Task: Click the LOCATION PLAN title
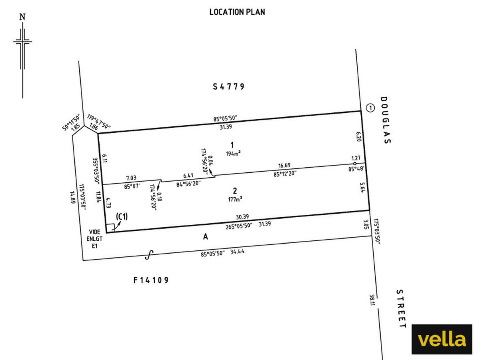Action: point(237,12)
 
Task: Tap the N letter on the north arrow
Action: point(22,17)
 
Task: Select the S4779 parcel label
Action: point(228,86)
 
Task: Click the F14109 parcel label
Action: point(151,280)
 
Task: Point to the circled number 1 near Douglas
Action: point(370,108)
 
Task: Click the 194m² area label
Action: point(233,154)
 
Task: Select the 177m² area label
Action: point(235,199)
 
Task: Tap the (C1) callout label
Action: point(122,217)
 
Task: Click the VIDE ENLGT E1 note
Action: point(94,239)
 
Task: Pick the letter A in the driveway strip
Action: point(205,237)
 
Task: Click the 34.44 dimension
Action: point(237,252)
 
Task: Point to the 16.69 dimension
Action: point(284,166)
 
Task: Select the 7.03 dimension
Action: point(131,178)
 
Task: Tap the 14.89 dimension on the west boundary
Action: point(73,197)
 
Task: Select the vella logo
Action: point(442,339)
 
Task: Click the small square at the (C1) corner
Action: point(110,228)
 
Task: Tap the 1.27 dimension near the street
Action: point(356,158)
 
